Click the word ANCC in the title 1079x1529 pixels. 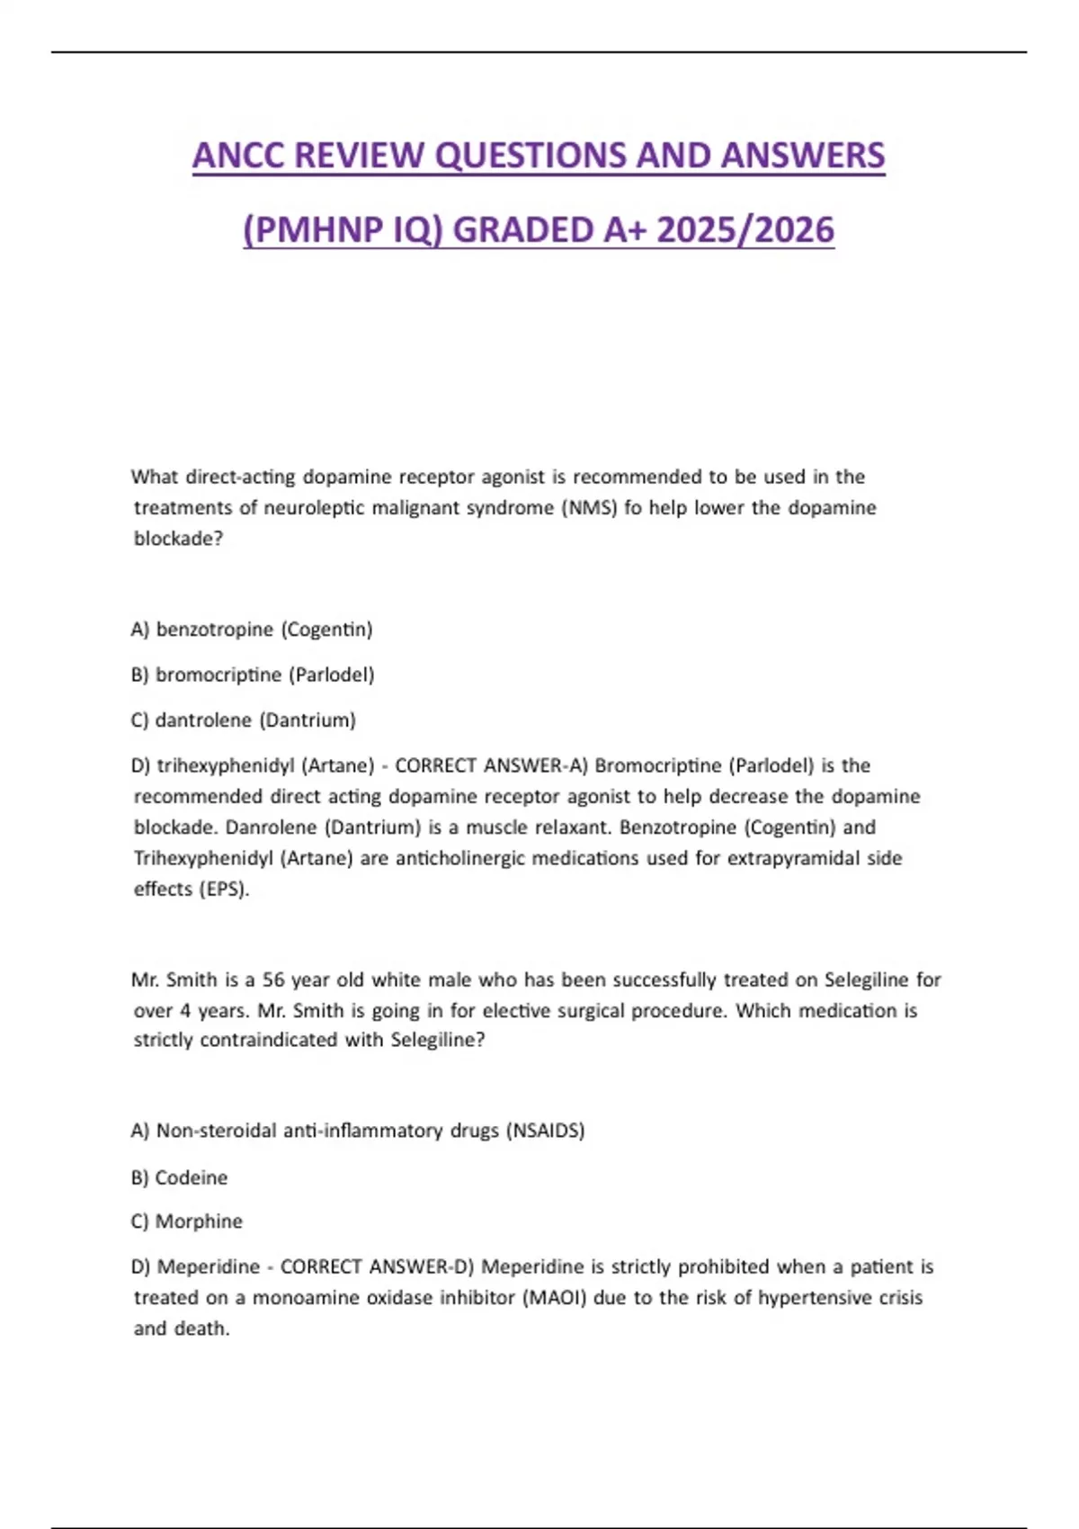pos(238,156)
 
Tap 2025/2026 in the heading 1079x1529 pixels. pos(745,230)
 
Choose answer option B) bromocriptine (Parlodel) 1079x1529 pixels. pos(252,675)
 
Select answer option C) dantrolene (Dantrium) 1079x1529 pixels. pos(243,720)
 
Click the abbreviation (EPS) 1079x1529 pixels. pos(218,890)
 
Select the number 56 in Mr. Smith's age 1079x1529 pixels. pos(273,979)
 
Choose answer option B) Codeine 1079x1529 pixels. pos(179,1178)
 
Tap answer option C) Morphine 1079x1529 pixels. pos(186,1221)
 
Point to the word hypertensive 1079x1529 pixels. pos(814,1298)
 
